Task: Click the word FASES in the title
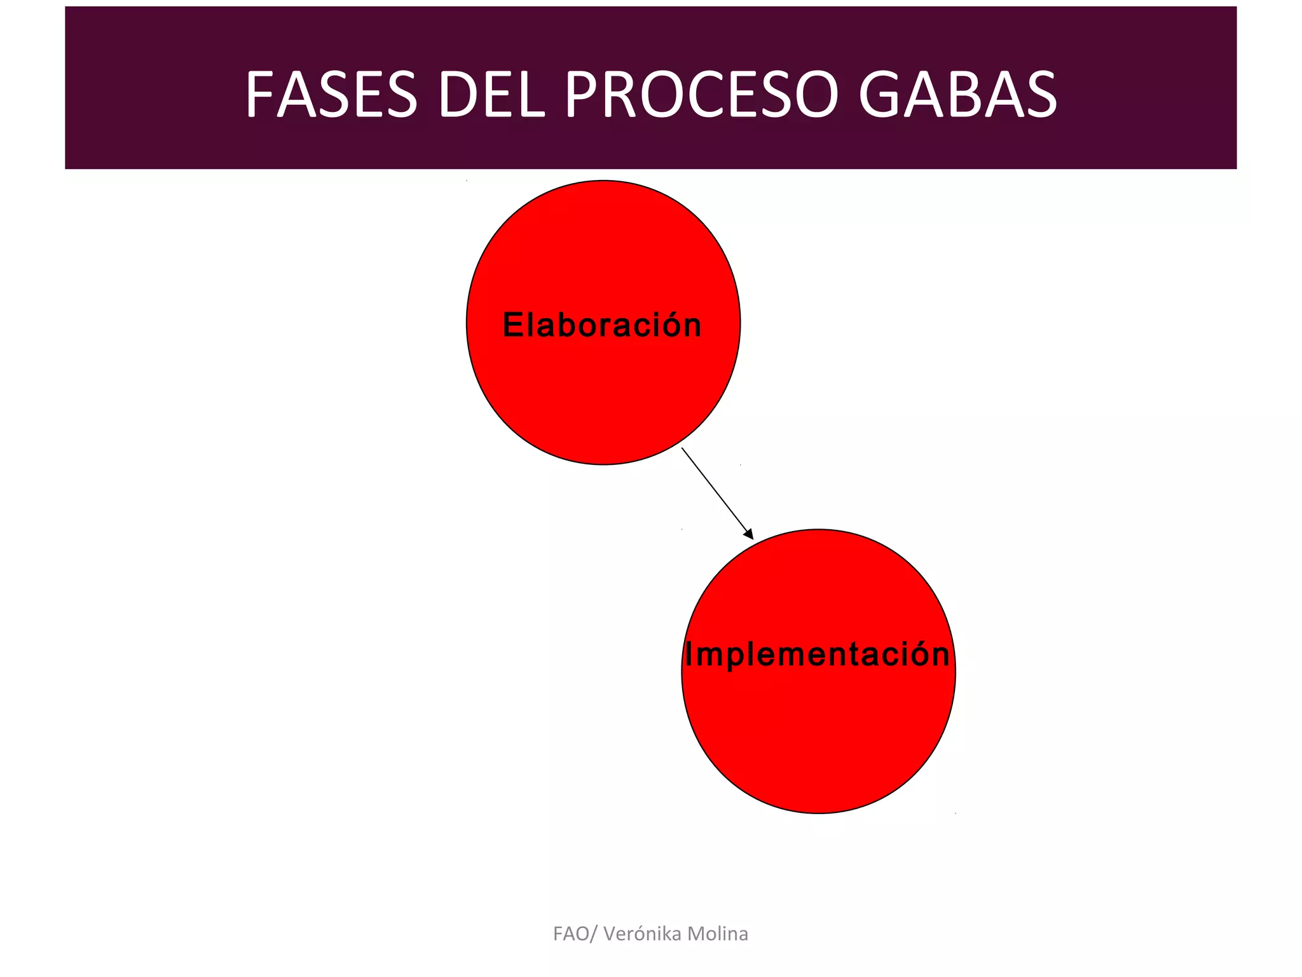[x=331, y=95]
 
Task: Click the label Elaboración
[x=602, y=325]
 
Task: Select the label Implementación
[x=817, y=655]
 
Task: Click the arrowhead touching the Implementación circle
[x=748, y=534]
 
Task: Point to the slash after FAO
[x=594, y=934]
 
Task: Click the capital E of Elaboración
[x=513, y=325]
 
